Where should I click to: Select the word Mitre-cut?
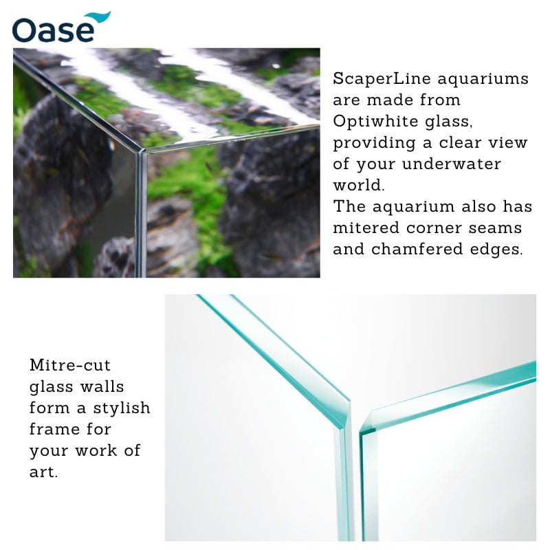coord(69,364)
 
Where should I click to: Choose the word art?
coord(43,472)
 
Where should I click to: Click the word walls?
coord(101,386)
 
